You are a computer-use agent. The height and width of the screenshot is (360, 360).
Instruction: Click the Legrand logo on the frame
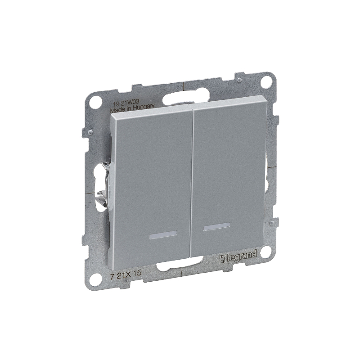[x=237, y=256]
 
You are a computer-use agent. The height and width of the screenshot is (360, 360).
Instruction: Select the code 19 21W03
[x=125, y=101]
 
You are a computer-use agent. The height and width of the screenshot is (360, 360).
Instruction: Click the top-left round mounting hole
[x=94, y=103]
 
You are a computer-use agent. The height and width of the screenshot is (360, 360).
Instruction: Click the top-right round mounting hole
[x=267, y=83]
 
